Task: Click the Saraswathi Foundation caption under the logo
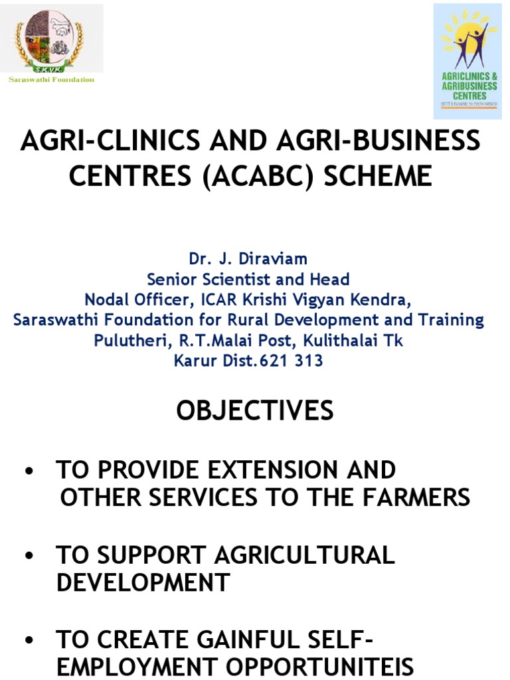tap(51, 80)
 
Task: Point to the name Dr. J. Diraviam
tap(248, 258)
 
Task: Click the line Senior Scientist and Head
tap(248, 279)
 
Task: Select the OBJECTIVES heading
tap(255, 411)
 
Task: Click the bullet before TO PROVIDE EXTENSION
tap(28, 471)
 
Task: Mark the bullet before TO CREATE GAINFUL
tap(28, 641)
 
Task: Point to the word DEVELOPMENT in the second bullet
tap(143, 582)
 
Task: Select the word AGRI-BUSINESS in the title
tap(374, 141)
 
